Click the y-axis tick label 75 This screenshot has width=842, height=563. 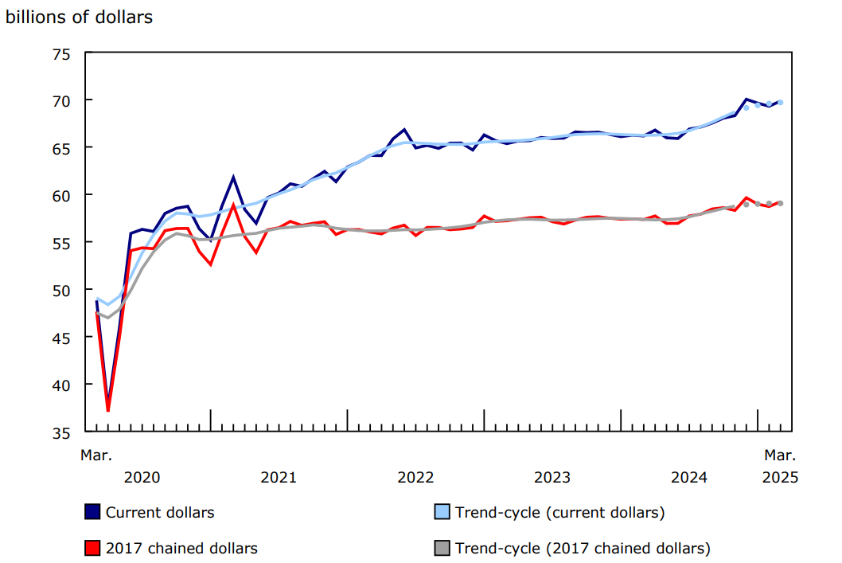pyautogui.click(x=61, y=53)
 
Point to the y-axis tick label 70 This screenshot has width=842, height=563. pyautogui.click(x=61, y=100)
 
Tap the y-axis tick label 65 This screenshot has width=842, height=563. pyautogui.click(x=61, y=148)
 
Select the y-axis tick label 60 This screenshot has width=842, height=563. pyautogui.click(x=61, y=195)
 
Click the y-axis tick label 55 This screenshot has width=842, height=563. pyautogui.click(x=61, y=242)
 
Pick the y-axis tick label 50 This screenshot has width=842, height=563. pyautogui.click(x=61, y=290)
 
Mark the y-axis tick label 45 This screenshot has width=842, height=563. pyautogui.click(x=61, y=337)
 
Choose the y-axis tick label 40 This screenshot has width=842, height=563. pyautogui.click(x=61, y=385)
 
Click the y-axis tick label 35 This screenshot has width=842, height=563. pyautogui.click(x=61, y=432)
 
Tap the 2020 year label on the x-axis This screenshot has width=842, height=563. pyautogui.click(x=142, y=478)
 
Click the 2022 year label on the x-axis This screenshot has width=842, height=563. pyautogui.click(x=415, y=478)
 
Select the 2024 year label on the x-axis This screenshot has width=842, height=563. pyautogui.click(x=689, y=478)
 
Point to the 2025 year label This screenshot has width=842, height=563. pyautogui.click(x=780, y=478)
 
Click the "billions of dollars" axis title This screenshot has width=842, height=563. pyautogui.click(x=79, y=17)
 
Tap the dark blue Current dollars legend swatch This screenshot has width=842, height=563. pyautogui.click(x=92, y=512)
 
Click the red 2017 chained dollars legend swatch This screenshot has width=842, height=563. pyautogui.click(x=92, y=548)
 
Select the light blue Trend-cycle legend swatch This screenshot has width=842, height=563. pyautogui.click(x=442, y=512)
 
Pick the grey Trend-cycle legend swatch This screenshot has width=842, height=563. pyautogui.click(x=442, y=548)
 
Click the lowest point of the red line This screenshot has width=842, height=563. pyautogui.click(x=108, y=410)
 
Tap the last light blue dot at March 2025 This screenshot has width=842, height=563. pyautogui.click(x=780, y=102)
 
